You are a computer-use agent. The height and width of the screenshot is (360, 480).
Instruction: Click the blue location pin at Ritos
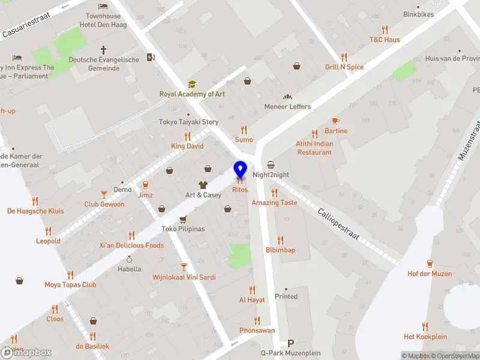pos(241,170)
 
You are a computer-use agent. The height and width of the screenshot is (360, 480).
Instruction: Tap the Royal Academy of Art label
pos(191,94)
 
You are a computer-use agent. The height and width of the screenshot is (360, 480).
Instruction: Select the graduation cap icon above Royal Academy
pos(192,85)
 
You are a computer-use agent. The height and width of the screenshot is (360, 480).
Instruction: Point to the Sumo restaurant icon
pos(244,130)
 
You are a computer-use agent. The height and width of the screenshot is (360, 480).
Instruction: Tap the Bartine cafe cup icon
pos(335,121)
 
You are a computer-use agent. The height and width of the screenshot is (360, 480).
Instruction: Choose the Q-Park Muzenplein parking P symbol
pos(291,344)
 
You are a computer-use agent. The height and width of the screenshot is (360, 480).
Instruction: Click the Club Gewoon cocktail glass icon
pos(104,194)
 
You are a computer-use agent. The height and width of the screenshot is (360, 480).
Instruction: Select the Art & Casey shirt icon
pos(203,185)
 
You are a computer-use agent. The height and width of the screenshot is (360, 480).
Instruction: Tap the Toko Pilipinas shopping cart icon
pos(183,219)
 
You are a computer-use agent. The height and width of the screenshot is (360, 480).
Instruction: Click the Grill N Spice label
pos(344,67)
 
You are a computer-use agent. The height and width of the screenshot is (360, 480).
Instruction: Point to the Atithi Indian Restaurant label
pos(314,148)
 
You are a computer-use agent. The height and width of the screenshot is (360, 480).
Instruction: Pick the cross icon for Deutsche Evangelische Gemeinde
pos(103,50)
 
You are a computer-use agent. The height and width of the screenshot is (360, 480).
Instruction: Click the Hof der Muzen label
pos(430,274)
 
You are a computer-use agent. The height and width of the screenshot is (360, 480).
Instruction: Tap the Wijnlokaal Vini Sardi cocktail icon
pos(184,267)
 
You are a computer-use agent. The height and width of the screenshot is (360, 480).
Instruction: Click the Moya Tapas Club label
pos(70,285)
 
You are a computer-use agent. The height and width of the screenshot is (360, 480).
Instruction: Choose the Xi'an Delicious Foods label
pos(131,245)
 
